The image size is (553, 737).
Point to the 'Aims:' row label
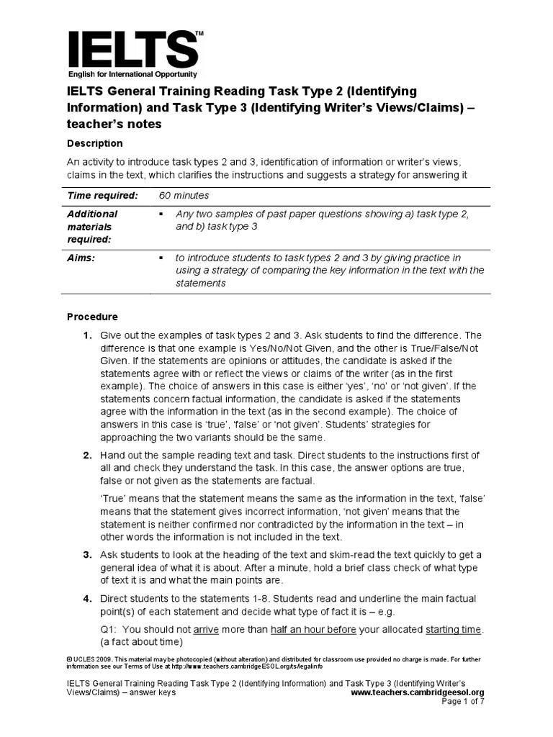pyautogui.click(x=81, y=258)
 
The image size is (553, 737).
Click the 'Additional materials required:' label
pyautogui.click(x=92, y=226)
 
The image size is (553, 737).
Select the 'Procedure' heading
pyautogui.click(x=92, y=317)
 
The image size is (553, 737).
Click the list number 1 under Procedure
pyautogui.click(x=86, y=335)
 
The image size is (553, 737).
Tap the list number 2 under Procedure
pyautogui.click(x=86, y=456)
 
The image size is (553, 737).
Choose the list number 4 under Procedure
pyautogui.click(x=86, y=599)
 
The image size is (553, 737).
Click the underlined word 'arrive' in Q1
pyautogui.click(x=206, y=629)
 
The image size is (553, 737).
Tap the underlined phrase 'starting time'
pyautogui.click(x=452, y=629)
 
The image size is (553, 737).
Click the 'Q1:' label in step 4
pyautogui.click(x=109, y=629)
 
